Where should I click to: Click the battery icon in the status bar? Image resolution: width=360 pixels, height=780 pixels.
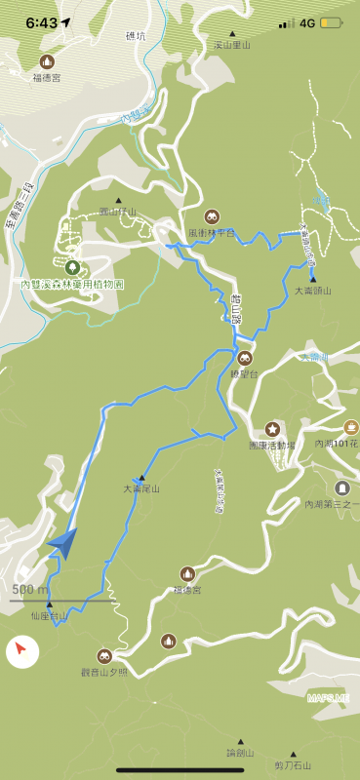coord(331,22)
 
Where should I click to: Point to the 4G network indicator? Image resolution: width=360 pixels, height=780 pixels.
coord(307,22)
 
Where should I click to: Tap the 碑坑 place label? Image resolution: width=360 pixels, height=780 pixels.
coord(135,36)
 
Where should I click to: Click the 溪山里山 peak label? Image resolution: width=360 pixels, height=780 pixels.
coord(232,45)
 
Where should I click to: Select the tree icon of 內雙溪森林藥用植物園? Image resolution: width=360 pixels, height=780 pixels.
coord(72,266)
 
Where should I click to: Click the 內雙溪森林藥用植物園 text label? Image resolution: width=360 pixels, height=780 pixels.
coord(72,285)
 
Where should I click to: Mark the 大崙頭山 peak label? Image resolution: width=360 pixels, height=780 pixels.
coord(313,291)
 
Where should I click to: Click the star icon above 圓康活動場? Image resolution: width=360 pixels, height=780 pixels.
coord(272,429)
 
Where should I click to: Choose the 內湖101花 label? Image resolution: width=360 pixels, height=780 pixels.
coord(337,444)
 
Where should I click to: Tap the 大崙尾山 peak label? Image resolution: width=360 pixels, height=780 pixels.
coord(141,487)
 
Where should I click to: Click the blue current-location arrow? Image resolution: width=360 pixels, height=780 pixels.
coord(62,543)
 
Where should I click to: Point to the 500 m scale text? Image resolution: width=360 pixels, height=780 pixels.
coord(30,589)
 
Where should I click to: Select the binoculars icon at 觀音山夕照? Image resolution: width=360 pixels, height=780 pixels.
coord(104,656)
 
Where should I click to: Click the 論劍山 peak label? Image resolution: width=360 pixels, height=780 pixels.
coord(240,753)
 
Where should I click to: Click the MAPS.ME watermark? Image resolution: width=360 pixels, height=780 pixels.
coord(327,697)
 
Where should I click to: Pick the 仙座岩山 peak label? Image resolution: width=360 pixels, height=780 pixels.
coord(49,616)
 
